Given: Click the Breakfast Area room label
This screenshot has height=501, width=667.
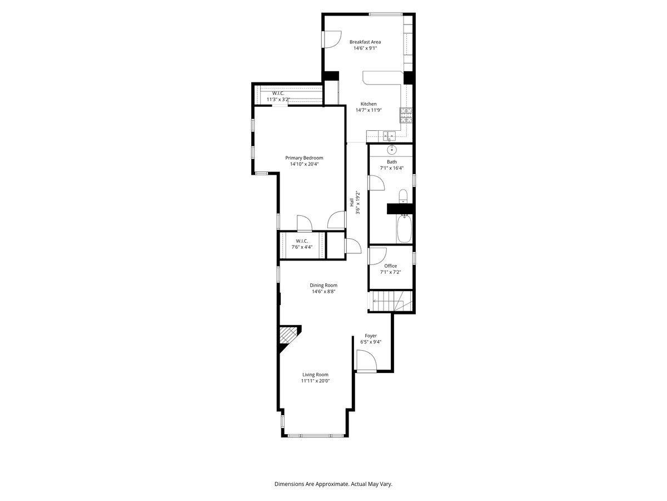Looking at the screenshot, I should tap(365, 42).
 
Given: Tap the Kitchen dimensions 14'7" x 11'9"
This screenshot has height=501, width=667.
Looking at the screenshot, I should tap(369, 110).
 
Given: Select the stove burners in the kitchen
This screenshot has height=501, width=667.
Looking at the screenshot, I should tap(406, 115).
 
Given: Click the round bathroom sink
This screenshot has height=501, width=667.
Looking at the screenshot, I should tap(392, 149).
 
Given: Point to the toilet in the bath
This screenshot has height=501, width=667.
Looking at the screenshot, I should tap(404, 197).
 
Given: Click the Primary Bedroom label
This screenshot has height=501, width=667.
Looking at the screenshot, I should tap(304, 158).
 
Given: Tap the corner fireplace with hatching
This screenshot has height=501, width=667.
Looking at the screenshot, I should tap(288, 336).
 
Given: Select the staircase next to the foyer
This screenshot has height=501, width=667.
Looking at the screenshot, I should tap(391, 302).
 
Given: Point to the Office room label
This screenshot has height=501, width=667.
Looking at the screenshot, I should tap(390, 266).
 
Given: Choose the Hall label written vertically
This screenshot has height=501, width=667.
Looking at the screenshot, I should tap(352, 204).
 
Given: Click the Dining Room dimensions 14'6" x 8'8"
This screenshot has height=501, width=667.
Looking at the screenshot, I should tap(323, 291).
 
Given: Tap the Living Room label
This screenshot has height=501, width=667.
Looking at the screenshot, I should tap(315, 375).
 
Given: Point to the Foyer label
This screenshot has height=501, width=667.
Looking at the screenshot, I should tap(371, 336).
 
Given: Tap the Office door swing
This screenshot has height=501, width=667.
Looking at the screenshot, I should tap(377, 256).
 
